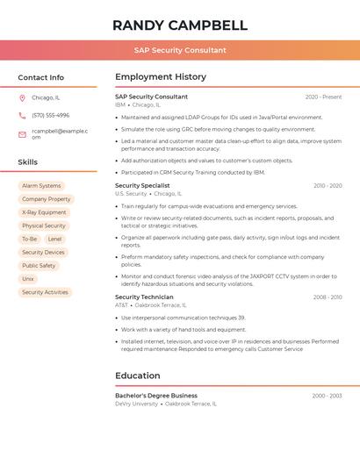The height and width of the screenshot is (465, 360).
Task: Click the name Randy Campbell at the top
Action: (x=180, y=25)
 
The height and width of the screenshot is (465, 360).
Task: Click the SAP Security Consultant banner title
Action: (x=180, y=50)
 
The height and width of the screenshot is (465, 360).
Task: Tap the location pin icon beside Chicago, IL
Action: (x=22, y=97)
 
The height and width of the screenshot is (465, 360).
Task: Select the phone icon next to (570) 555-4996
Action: (x=22, y=115)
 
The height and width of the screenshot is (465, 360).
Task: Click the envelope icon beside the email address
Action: (x=22, y=133)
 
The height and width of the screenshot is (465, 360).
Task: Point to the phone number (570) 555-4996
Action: (x=50, y=115)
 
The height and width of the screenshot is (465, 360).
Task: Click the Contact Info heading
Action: (x=40, y=77)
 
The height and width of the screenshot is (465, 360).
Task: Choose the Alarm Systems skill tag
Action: (x=41, y=186)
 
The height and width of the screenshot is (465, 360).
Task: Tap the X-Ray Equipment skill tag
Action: (x=44, y=212)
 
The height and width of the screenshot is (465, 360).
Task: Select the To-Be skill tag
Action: (x=29, y=239)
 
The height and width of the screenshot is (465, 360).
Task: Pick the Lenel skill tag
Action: (x=54, y=239)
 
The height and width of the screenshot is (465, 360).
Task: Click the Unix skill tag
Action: (x=28, y=279)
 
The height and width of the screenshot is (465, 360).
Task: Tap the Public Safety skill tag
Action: (x=39, y=266)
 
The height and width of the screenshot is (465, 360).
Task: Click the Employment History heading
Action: (x=161, y=77)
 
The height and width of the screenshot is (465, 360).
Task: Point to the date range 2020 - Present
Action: (x=323, y=97)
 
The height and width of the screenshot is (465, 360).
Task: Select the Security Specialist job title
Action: (x=142, y=186)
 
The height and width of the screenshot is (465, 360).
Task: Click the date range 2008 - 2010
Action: (x=328, y=297)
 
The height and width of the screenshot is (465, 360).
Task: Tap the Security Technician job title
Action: (x=144, y=297)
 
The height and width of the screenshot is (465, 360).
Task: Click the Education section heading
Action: (x=137, y=376)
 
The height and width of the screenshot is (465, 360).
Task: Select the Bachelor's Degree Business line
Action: (x=156, y=396)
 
